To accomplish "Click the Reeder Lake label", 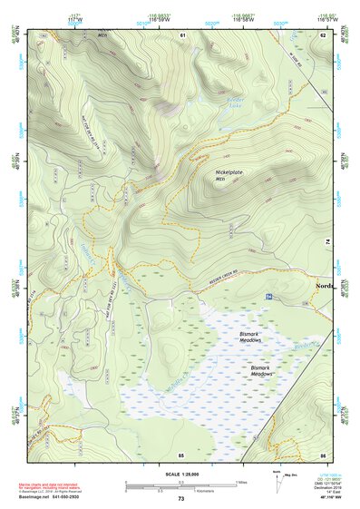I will [236, 102].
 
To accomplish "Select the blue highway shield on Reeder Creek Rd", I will [268, 297].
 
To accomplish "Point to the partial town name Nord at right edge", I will [324, 286].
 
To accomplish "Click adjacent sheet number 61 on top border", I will [182, 35].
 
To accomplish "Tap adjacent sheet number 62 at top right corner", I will [324, 35].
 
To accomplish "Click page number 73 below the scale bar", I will [180, 499].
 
